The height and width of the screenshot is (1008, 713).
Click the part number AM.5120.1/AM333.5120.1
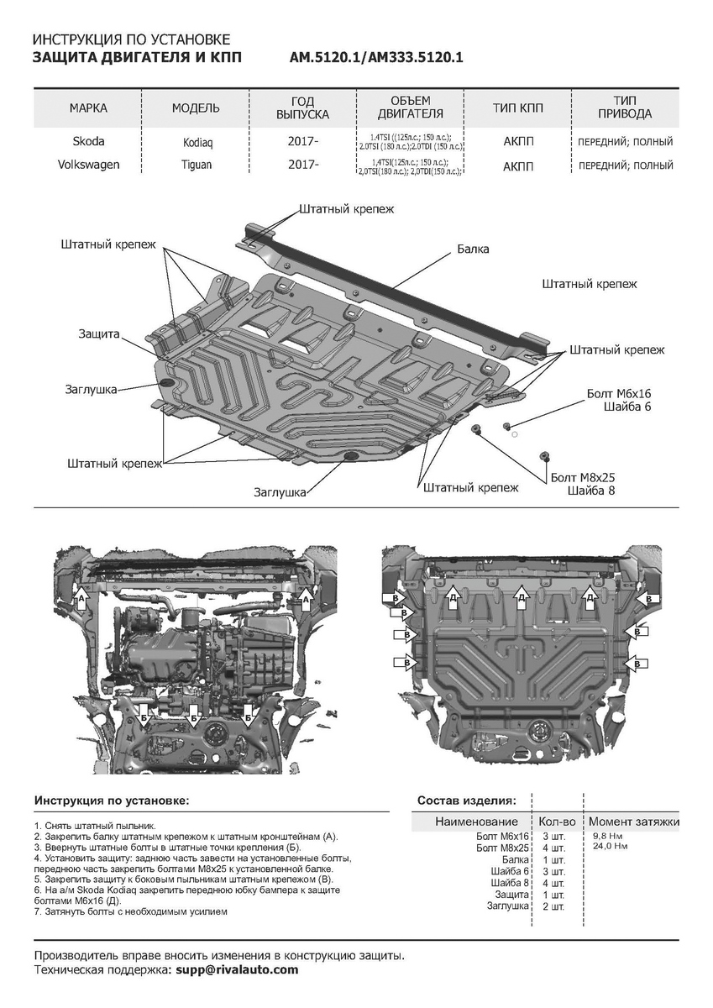pos(376,58)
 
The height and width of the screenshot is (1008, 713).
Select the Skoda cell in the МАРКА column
pos(87,142)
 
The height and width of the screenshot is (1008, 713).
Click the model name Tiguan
pos(197,165)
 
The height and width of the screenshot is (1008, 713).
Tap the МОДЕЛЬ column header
pos(197,108)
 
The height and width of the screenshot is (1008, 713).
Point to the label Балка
pos(474,249)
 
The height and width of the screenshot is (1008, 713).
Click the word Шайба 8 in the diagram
pos(591,491)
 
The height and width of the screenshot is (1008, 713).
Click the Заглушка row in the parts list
pos(508,906)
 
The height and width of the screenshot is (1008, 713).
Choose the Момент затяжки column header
pos(633,821)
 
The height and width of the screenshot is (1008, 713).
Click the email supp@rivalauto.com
pos(235,969)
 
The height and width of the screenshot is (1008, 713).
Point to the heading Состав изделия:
pos(467,801)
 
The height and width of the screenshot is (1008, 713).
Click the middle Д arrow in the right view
pos(522,597)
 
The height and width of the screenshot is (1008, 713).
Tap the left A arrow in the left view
pos(82,598)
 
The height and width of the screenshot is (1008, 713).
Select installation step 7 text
pos(130,911)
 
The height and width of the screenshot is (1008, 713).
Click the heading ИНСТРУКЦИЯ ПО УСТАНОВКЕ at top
pos(130,40)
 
